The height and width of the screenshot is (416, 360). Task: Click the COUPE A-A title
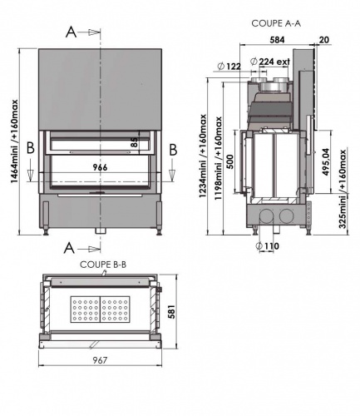pyautogui.click(x=276, y=23)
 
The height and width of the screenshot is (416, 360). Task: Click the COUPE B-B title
pyautogui.click(x=103, y=265)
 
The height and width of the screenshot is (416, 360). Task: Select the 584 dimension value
pyautogui.click(x=277, y=40)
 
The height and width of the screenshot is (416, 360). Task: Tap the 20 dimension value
pyautogui.click(x=323, y=40)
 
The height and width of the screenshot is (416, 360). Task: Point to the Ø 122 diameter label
pyautogui.click(x=229, y=67)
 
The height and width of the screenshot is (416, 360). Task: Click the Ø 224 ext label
pyautogui.click(x=270, y=62)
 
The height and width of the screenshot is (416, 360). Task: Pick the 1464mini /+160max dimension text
pyautogui.click(x=14, y=141)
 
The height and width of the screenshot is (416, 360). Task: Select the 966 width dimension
pyautogui.click(x=100, y=167)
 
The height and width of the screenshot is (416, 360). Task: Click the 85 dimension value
pyautogui.click(x=134, y=142)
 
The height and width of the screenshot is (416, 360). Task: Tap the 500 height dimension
pyautogui.click(x=230, y=161)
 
